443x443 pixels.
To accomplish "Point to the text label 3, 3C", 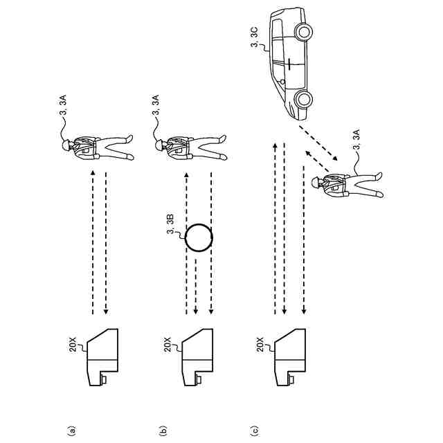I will point(256,39).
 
